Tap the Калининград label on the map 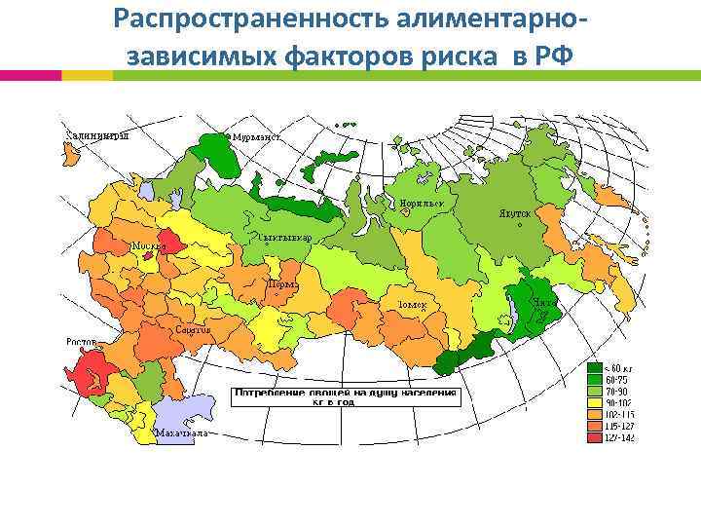[96, 135]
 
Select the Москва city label [148, 246]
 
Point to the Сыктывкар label [284, 238]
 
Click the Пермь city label [282, 283]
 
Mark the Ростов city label [82, 342]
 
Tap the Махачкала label [180, 432]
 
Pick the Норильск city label [421, 204]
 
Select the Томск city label [413, 304]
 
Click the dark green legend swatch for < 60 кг [594, 368]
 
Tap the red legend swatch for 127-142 [594, 437]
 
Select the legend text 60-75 [617, 380]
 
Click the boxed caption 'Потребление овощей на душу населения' [344, 393]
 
